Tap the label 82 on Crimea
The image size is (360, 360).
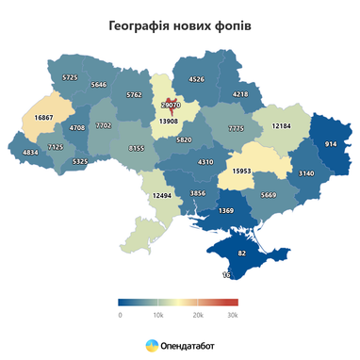click(242, 254)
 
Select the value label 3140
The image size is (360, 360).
click(306, 173)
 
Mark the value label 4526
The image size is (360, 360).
click(196, 79)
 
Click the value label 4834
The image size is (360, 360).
click(30, 152)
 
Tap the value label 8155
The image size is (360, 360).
click(138, 148)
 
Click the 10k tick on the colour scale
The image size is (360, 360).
click(159, 315)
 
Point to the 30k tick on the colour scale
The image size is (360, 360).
click(233, 315)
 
